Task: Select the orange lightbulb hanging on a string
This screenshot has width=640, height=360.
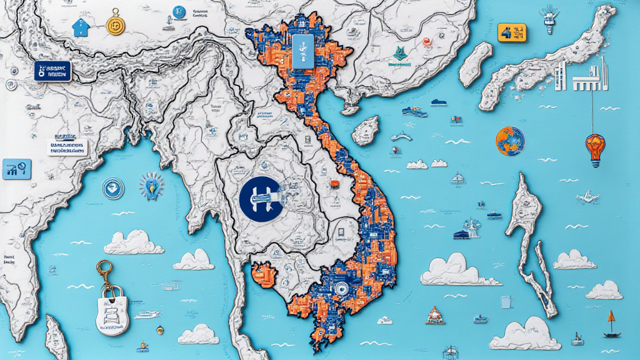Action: tap(594, 149)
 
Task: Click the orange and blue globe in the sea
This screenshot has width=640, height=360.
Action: tap(510, 141)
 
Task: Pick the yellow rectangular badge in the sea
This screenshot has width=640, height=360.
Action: tap(512, 32)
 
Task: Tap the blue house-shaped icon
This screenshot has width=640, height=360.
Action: tap(80, 27)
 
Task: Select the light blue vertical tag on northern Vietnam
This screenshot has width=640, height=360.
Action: tap(301, 50)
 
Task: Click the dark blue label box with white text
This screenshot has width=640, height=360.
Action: tap(52, 71)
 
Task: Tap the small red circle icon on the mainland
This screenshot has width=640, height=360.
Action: tap(427, 42)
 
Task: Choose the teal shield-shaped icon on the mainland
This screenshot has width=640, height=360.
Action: tap(397, 55)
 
